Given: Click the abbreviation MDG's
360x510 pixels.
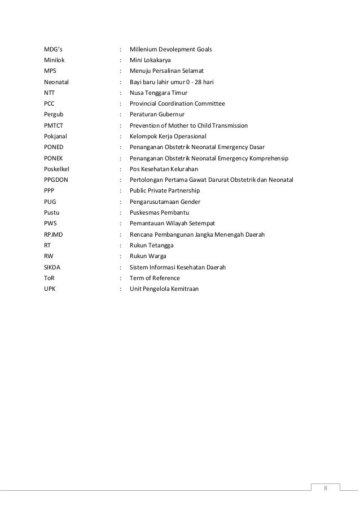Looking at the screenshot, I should (54, 49).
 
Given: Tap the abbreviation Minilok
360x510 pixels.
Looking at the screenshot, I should (55, 60).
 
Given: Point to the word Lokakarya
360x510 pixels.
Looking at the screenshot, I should (158, 60).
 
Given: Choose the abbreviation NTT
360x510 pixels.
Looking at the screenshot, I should (50, 93).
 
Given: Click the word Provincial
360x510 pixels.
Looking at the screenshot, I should (145, 104).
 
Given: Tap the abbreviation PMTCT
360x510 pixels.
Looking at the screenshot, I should (54, 125).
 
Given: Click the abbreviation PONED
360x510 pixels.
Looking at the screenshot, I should (54, 147).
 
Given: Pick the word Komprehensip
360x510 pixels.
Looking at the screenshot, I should (268, 158).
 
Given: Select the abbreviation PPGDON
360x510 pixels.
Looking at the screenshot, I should (56, 180).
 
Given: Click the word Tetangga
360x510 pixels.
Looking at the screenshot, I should (161, 246).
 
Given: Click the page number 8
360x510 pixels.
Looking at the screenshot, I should (325, 487).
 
